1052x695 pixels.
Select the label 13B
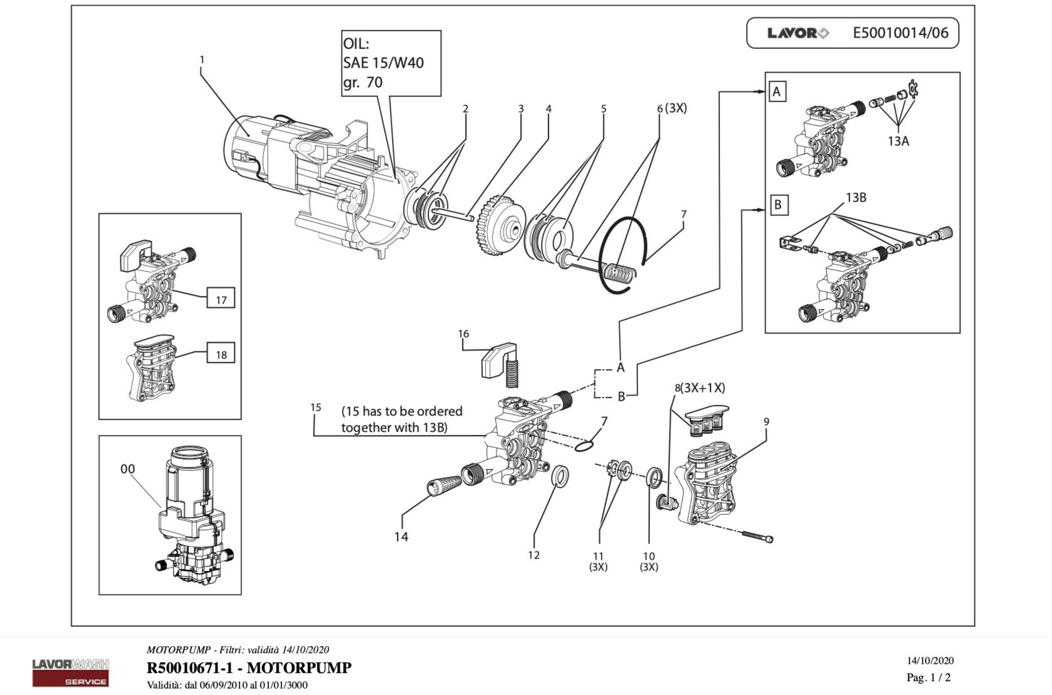click(856, 198)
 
